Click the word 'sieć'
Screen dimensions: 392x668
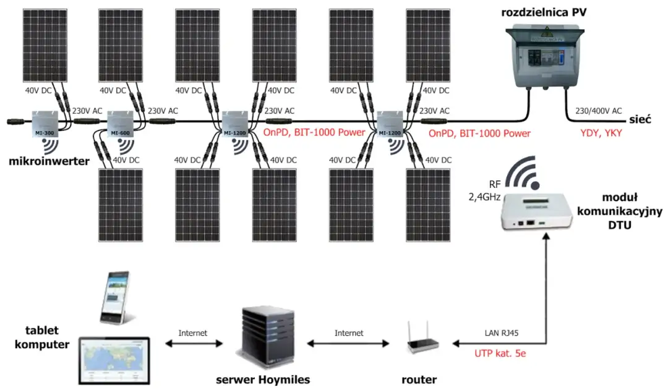(641, 119)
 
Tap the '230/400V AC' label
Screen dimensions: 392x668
(599, 111)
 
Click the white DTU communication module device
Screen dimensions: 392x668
(532, 214)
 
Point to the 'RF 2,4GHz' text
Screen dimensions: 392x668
(486, 191)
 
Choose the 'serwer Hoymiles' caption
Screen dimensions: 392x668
(263, 379)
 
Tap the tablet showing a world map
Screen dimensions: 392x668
(114, 360)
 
